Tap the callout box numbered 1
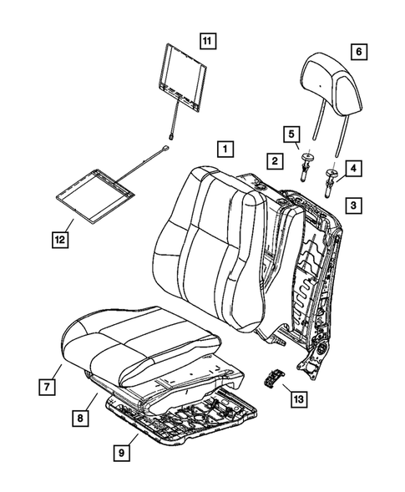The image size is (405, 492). pos(224,150)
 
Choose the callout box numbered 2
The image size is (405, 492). pos(274,159)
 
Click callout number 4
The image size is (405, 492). pos(354,170)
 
